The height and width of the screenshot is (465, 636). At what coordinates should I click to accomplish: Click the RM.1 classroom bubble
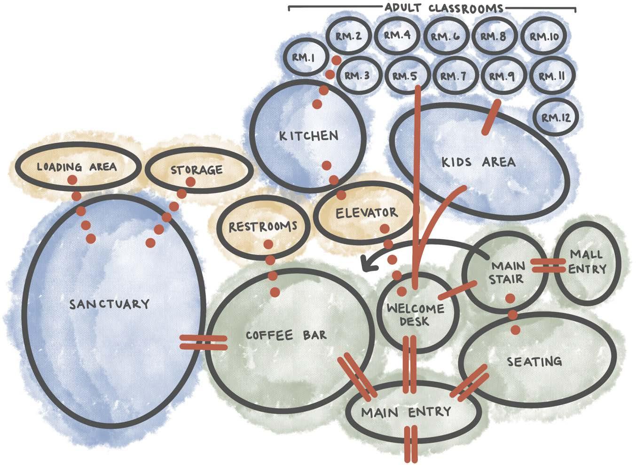[x=303, y=57]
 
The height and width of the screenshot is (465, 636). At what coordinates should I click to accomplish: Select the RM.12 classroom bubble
[x=556, y=117]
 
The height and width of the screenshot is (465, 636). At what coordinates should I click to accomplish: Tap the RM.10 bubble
[x=543, y=36]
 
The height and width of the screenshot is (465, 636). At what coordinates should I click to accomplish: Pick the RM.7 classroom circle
[x=454, y=76]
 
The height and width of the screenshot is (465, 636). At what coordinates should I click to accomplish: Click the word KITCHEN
[x=308, y=136]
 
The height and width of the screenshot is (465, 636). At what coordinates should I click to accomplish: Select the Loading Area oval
[x=77, y=167]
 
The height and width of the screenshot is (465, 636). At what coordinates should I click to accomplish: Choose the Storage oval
[x=196, y=170]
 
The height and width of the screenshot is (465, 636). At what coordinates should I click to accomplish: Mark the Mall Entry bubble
[x=588, y=262]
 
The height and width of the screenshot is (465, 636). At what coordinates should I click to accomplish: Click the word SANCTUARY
[x=109, y=304]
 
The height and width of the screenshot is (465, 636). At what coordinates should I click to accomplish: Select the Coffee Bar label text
[x=286, y=335]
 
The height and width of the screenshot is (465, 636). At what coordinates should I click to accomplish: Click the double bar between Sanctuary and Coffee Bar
[x=204, y=342]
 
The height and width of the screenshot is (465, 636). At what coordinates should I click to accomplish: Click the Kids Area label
[x=478, y=162]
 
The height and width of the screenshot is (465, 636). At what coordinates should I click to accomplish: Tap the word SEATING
[x=534, y=361]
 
